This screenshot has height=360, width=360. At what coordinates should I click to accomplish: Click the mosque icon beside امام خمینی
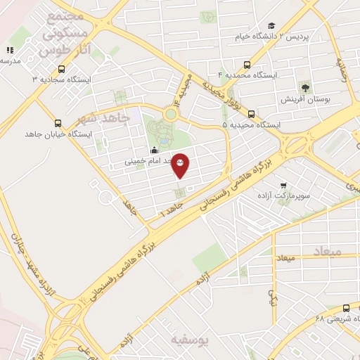point(155,150)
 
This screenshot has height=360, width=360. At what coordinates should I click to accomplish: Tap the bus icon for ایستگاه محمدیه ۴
point(246,65)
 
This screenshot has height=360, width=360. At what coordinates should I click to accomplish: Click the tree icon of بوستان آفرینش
point(305,87)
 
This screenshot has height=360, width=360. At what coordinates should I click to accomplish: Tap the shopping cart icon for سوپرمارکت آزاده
point(283,186)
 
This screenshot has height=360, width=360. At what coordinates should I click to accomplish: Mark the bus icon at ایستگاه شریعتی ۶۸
point(345,309)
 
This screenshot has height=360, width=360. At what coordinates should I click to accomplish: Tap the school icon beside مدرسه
point(10,50)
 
